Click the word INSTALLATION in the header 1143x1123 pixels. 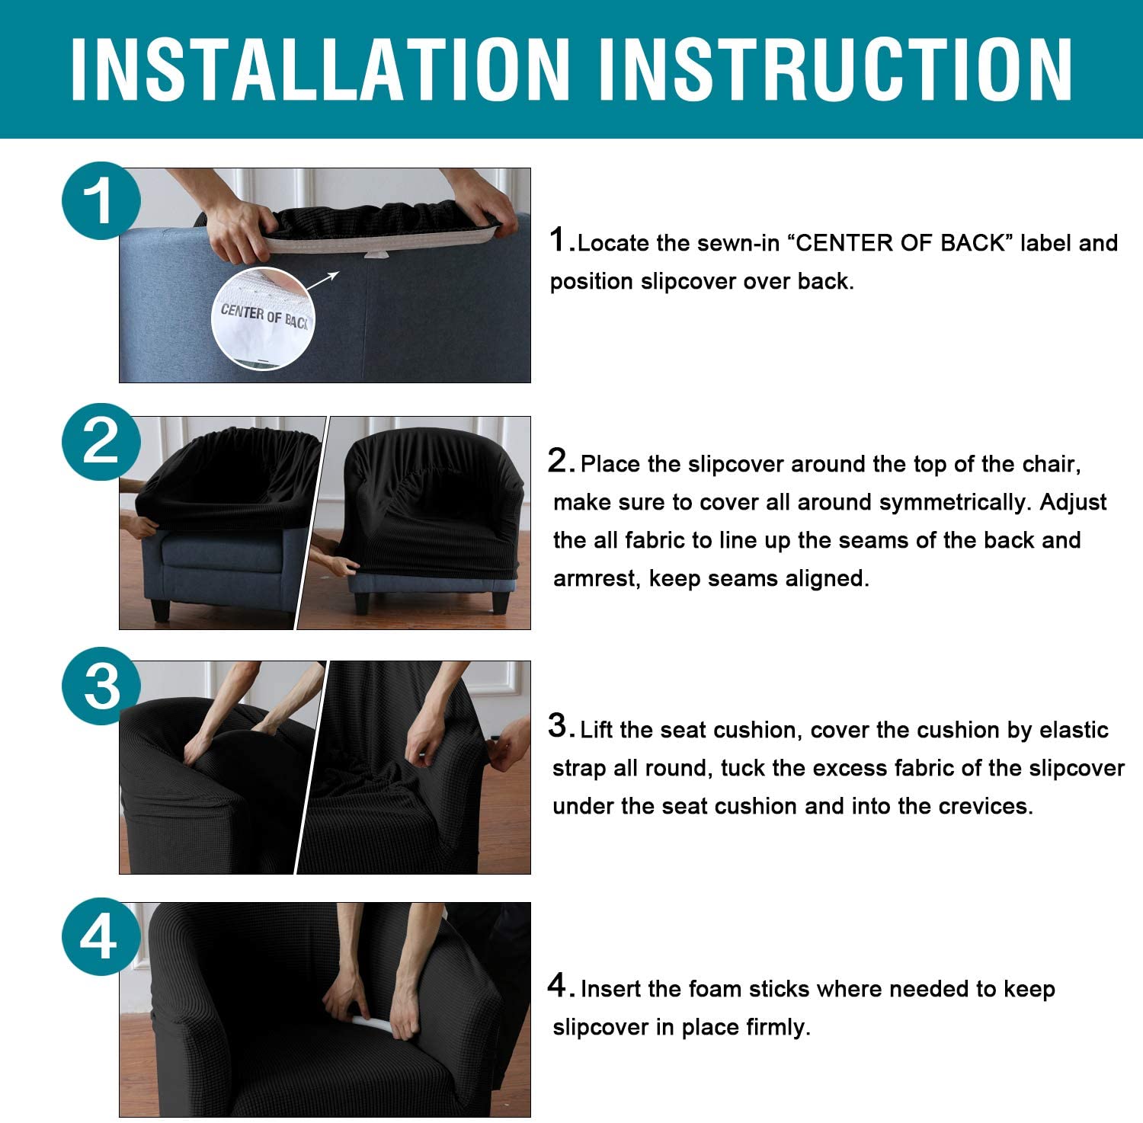(320, 69)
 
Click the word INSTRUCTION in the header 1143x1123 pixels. (837, 69)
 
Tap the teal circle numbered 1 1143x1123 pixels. (101, 200)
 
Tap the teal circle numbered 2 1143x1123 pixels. (101, 441)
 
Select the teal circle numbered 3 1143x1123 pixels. (101, 685)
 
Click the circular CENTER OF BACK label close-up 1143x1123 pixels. (262, 318)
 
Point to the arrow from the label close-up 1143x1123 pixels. (324, 282)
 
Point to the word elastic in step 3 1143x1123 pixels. (1074, 730)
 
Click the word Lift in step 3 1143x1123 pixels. (597, 730)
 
